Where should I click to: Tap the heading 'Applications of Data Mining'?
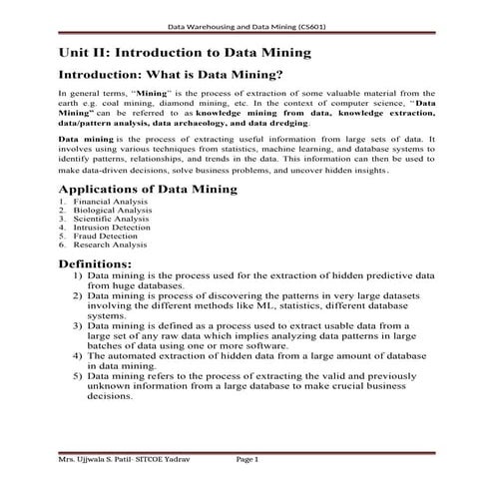148,189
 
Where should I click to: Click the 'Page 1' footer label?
247,461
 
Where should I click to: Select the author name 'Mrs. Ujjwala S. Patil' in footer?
99,461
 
